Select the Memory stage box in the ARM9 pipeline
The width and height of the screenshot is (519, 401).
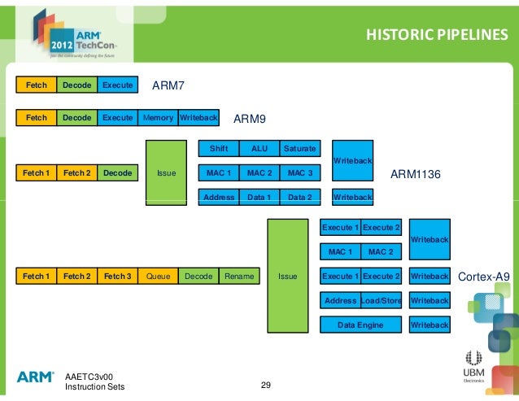tap(158, 118)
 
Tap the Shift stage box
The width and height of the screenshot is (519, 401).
tap(219, 149)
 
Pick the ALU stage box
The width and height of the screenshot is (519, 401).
tap(259, 149)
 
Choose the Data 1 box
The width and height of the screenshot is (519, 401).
tap(259, 197)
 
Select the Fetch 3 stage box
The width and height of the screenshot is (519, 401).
tap(117, 277)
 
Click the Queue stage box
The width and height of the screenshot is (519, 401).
tap(158, 277)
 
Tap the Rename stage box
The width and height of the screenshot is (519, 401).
tap(239, 277)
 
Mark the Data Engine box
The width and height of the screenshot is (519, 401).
tap(361, 325)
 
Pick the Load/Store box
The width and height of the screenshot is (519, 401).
tap(382, 301)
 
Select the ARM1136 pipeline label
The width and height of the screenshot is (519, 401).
tap(416, 174)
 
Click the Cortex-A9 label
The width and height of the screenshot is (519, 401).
tap(484, 277)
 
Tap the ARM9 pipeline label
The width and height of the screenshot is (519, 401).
tap(250, 119)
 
